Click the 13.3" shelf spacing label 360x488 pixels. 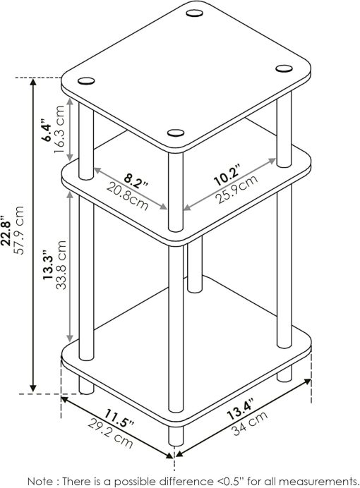point(47,267)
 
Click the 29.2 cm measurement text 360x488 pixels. point(108,432)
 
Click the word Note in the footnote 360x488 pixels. point(42,480)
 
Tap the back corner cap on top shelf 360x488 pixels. point(195,13)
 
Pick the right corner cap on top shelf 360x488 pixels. point(284,68)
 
